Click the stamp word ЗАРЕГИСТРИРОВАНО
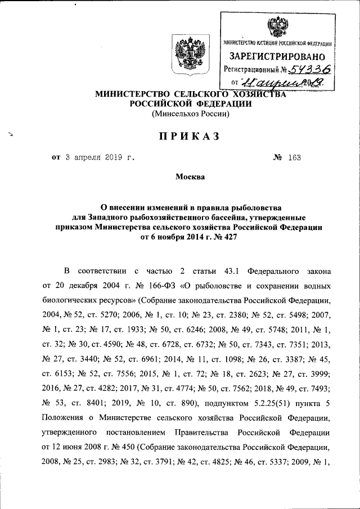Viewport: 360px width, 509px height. (x=277, y=56)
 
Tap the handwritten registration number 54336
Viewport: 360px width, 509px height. (x=308, y=69)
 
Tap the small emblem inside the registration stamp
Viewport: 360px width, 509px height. (x=277, y=27)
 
